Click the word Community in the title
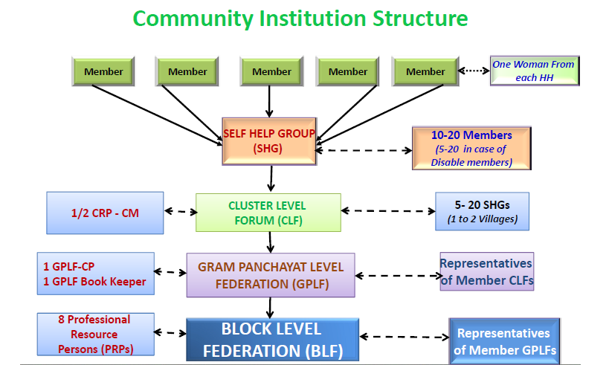[193, 19]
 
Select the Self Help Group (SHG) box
[269, 141]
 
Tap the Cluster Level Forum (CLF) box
[268, 213]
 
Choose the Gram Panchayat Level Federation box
[271, 275]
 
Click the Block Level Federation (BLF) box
[272, 340]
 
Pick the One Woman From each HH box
[535, 71]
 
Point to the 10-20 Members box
[471, 149]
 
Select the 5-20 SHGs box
[482, 211]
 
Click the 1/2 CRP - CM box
[105, 213]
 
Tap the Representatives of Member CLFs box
[486, 271]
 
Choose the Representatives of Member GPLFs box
[504, 341]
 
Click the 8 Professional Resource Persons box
[95, 335]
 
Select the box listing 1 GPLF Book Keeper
[95, 274]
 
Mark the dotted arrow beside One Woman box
[474, 71]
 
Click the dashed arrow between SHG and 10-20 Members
[364, 150]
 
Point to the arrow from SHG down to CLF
[271, 178]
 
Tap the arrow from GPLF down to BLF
[270, 308]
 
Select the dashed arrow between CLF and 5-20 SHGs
[388, 211]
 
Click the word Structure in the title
[420, 19]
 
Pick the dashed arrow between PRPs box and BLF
[170, 333]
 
